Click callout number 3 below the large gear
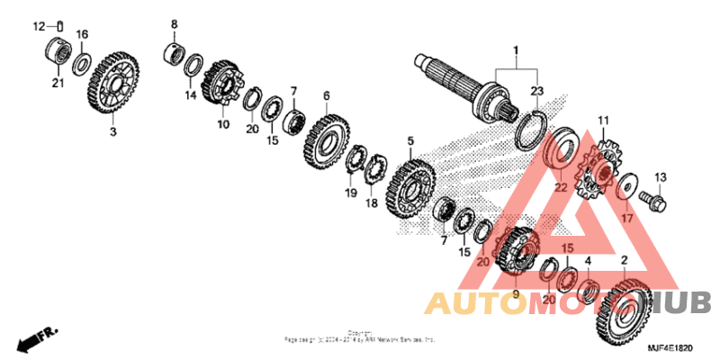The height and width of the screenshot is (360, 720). coord(113,132)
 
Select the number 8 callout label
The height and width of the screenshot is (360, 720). coord(175,24)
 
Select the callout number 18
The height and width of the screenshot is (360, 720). coord(371,203)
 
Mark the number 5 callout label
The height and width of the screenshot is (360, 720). coord(410,141)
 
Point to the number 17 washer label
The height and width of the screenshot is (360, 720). coord(626,217)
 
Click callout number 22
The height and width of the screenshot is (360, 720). coord(560,187)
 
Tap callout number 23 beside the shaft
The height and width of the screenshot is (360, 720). coord(537,91)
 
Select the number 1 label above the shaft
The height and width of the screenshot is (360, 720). coord(517,49)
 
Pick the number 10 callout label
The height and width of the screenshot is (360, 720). coord(222,125)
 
